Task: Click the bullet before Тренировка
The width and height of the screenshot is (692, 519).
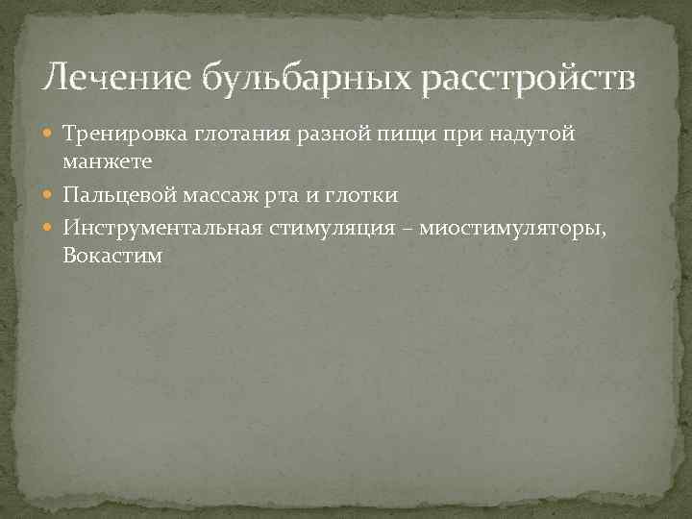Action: point(51,134)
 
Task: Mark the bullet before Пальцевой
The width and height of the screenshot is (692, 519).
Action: point(51,195)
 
